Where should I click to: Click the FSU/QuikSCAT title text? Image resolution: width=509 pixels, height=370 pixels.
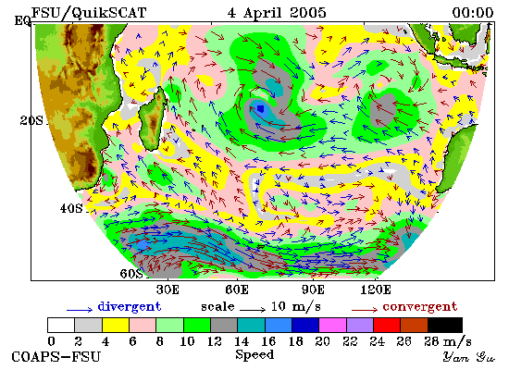[89, 13]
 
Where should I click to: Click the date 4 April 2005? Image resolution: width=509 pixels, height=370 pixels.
[277, 13]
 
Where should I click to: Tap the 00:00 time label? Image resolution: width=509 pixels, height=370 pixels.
[473, 13]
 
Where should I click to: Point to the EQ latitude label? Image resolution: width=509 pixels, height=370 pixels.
[22, 21]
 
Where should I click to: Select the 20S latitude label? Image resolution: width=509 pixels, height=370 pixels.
[31, 121]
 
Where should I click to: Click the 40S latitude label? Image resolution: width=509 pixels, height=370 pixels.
[71, 208]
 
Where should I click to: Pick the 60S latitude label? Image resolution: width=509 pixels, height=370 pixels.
[131, 274]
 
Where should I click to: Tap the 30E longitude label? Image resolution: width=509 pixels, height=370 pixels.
[168, 290]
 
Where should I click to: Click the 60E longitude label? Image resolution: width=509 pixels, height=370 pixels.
[237, 290]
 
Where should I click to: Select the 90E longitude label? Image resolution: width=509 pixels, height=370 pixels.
[313, 290]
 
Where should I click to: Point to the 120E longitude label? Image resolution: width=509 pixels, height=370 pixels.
[376, 290]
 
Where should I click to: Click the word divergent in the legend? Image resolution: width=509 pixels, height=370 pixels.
[130, 306]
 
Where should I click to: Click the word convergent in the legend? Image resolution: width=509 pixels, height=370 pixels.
[420, 306]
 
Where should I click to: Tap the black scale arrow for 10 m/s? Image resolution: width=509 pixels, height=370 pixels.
[253, 310]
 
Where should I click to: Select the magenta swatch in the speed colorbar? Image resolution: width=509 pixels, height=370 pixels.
[333, 326]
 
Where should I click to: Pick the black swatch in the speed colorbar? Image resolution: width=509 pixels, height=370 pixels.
[445, 326]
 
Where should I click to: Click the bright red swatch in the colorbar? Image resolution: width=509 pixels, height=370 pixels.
[387, 326]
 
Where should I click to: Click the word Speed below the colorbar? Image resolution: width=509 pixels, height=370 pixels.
[254, 354]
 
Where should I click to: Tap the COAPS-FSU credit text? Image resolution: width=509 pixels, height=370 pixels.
[56, 356]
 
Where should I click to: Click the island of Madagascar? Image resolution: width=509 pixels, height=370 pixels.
[153, 118]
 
